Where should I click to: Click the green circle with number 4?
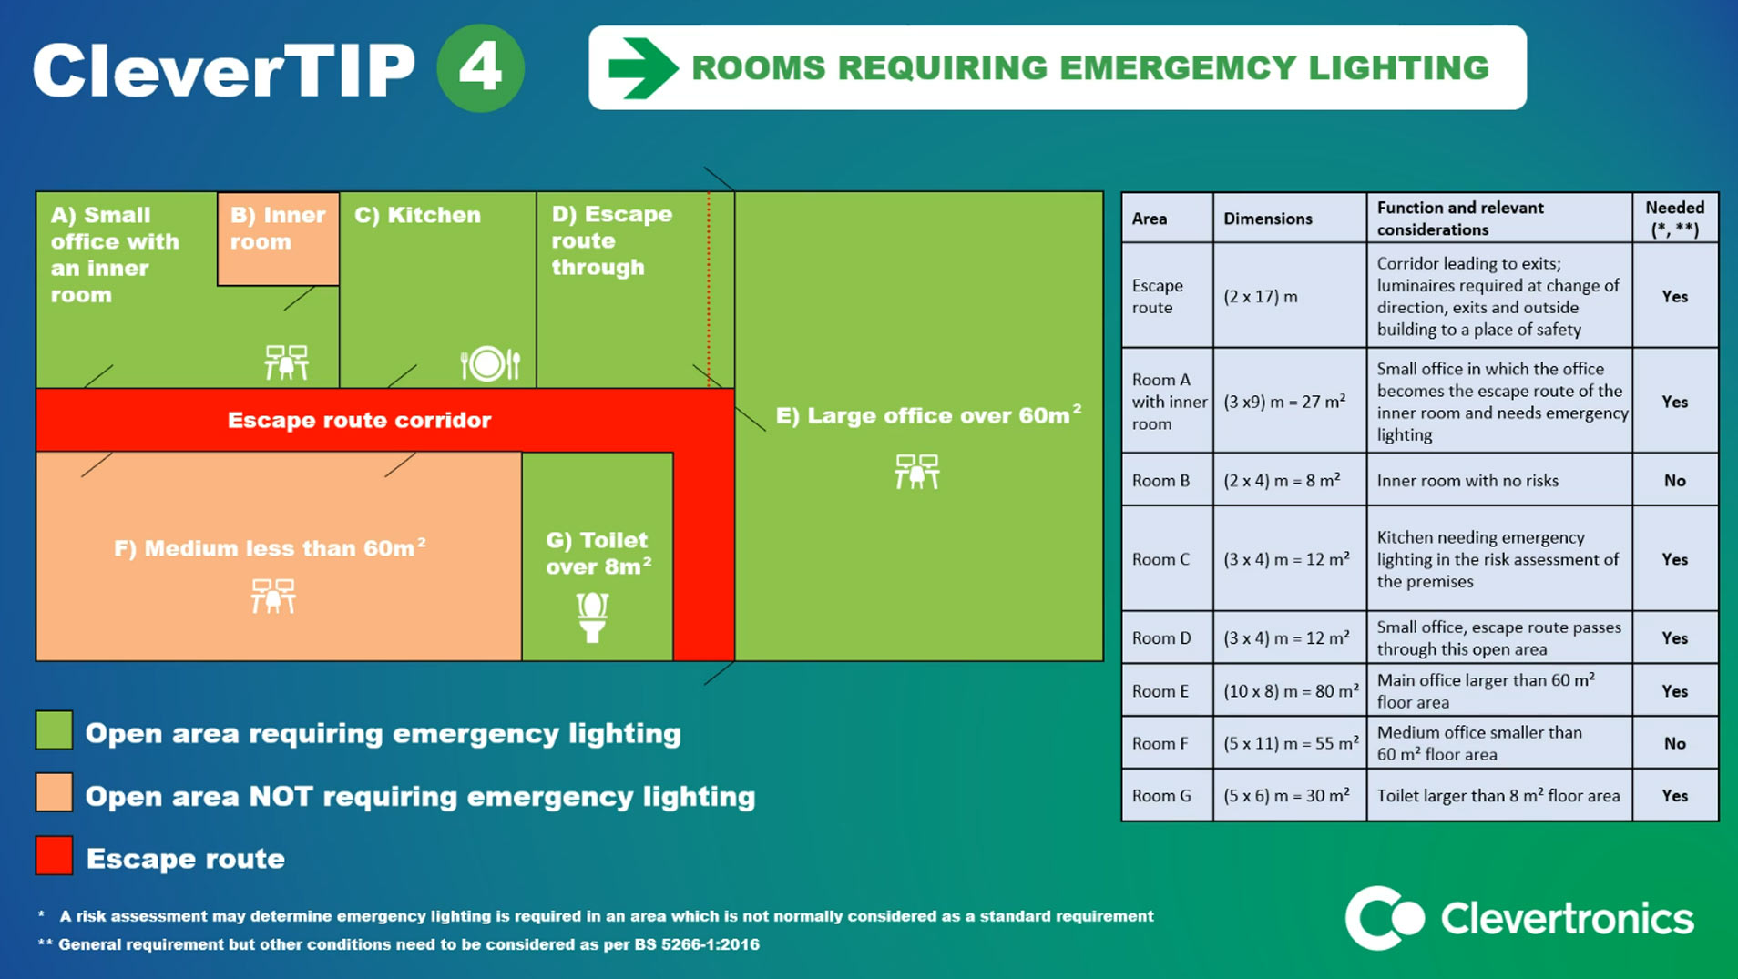[x=480, y=68]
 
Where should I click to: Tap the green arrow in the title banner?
[x=642, y=68]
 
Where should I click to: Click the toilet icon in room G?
[x=592, y=617]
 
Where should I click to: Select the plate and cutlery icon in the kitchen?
[x=490, y=363]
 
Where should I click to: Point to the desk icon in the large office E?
[x=916, y=472]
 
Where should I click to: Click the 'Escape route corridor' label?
[x=359, y=420]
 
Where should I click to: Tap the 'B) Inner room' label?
[x=277, y=229]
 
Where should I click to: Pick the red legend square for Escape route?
[x=54, y=856]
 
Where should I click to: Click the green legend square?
[x=54, y=730]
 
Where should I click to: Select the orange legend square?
[x=54, y=792]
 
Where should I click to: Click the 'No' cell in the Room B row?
[x=1674, y=481]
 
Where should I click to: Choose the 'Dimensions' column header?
[x=1267, y=219]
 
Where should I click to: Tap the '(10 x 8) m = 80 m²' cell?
[x=1291, y=691]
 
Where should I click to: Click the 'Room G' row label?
[x=1161, y=796]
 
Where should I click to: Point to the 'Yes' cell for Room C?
[x=1674, y=559]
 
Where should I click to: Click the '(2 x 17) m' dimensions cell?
[x=1261, y=297]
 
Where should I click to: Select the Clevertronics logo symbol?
[x=1384, y=918]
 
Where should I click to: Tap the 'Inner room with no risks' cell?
[x=1467, y=481]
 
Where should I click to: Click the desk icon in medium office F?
[x=273, y=597]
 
